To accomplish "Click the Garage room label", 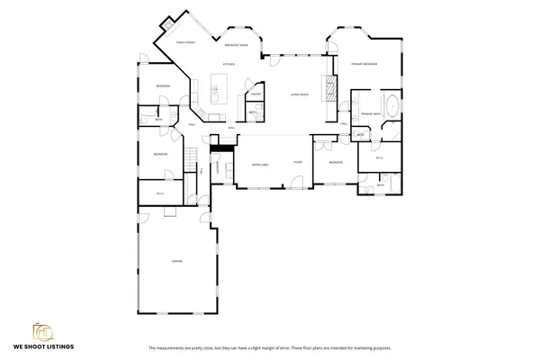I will (x=177, y=261).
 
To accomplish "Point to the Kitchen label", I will (x=229, y=65).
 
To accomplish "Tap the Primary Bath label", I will (x=370, y=114).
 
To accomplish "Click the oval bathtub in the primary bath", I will (x=392, y=107).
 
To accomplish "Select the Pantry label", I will (x=256, y=94).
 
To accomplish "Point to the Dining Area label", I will (x=260, y=164).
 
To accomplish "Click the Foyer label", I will (x=296, y=163).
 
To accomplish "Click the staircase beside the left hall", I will (x=191, y=158).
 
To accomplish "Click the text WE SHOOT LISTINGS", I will (x=43, y=346).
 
